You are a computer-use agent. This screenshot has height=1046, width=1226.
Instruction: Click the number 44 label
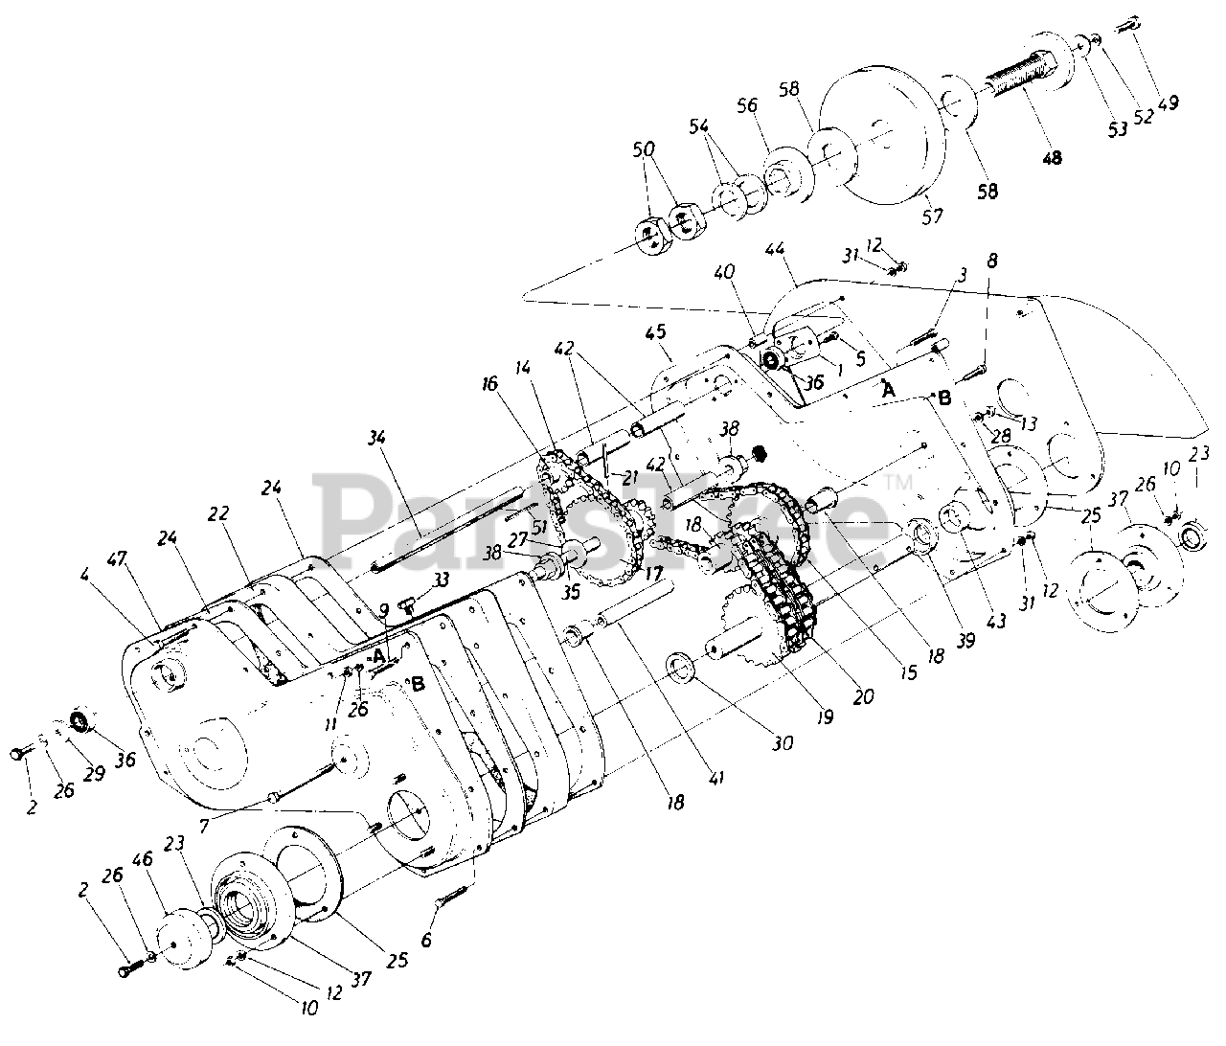775,250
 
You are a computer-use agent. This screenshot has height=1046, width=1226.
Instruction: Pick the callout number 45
655,331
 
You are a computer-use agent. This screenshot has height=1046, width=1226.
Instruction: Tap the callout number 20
863,697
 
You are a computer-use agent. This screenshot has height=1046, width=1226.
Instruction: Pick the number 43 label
998,621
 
